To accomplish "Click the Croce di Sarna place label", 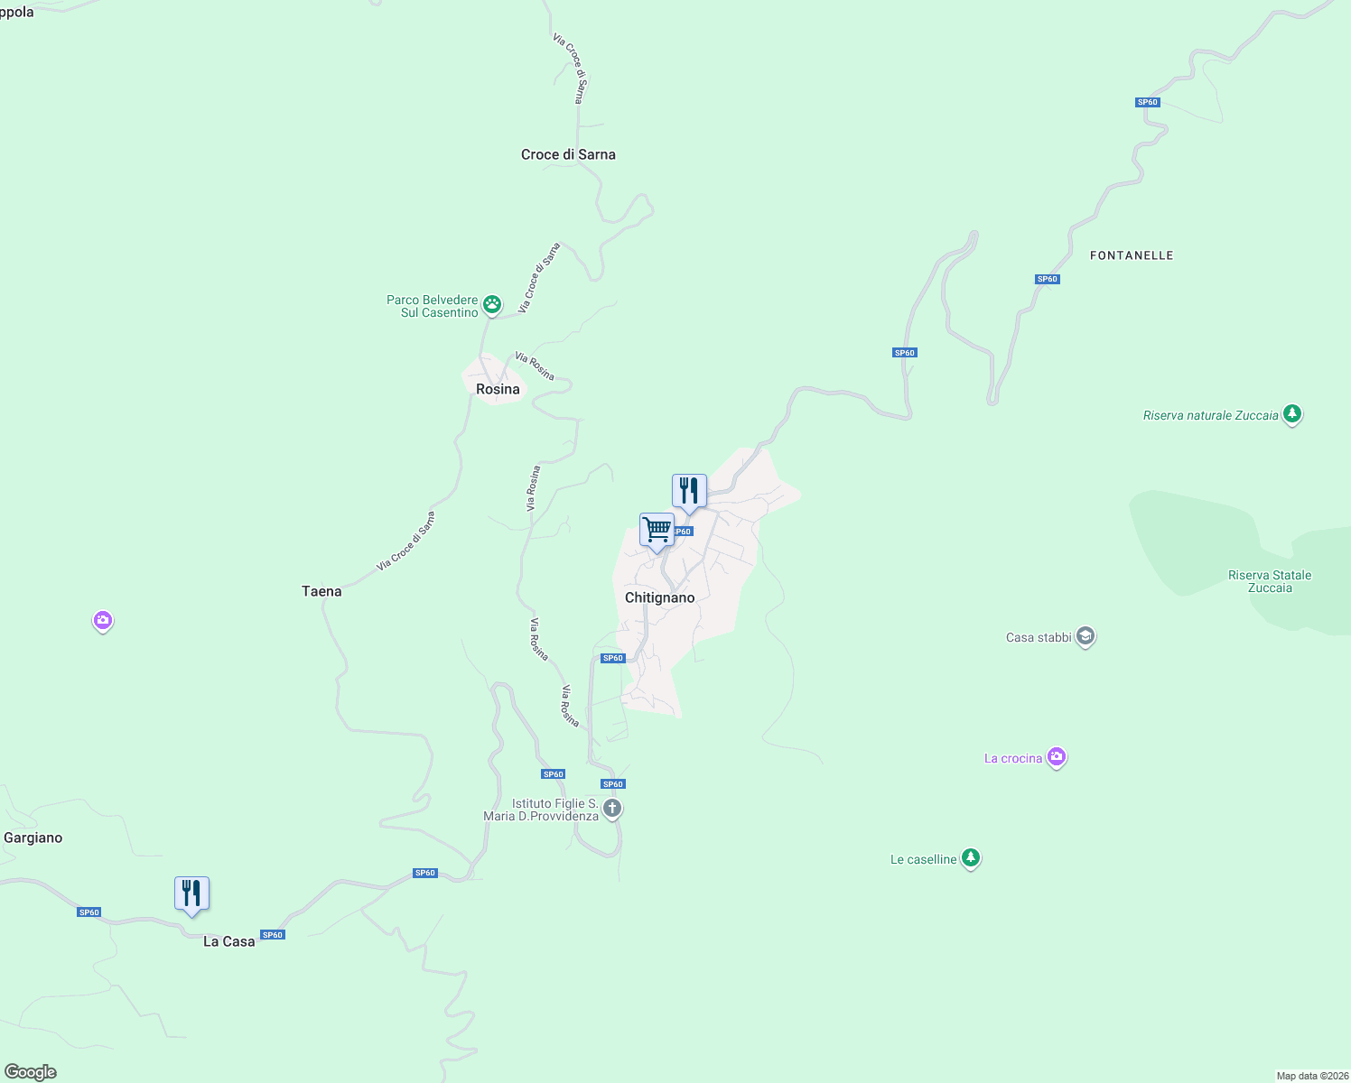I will pyautogui.click(x=568, y=155).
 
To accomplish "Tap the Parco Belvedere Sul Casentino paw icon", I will pyautogui.click(x=492, y=304).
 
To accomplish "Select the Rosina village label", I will pyautogui.click(x=498, y=389).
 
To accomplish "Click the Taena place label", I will pyautogui.click(x=321, y=591).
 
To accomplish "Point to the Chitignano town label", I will pyautogui.click(x=660, y=597).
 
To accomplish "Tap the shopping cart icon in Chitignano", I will pyautogui.click(x=657, y=530).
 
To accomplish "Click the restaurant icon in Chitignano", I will pyautogui.click(x=689, y=491).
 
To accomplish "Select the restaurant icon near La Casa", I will pyautogui.click(x=191, y=893).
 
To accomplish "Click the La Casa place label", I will pyautogui.click(x=229, y=941).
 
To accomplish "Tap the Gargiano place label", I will pyautogui.click(x=33, y=838).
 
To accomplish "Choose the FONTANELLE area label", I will pyautogui.click(x=1132, y=255).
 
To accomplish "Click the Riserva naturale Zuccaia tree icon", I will pyautogui.click(x=1292, y=414).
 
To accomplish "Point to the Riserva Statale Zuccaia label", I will pyautogui.click(x=1270, y=581).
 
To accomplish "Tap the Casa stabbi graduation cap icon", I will pyautogui.click(x=1085, y=637).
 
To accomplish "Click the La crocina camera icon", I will pyautogui.click(x=1057, y=757).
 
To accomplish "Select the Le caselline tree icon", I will pyautogui.click(x=971, y=858).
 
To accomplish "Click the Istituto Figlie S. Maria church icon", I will pyautogui.click(x=612, y=808).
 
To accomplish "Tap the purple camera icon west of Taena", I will pyautogui.click(x=103, y=620).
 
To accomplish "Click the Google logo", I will pyautogui.click(x=31, y=1072).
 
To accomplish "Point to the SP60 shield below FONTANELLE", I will pyautogui.click(x=1048, y=279).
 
